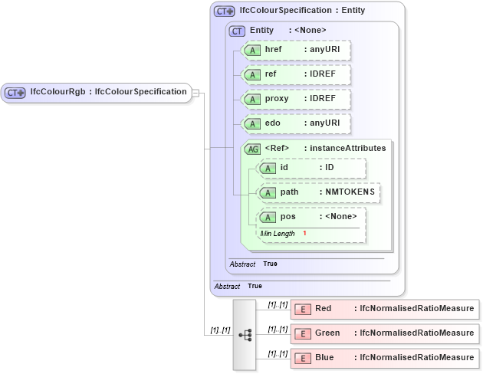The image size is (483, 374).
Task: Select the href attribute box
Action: pyautogui.click(x=295, y=50)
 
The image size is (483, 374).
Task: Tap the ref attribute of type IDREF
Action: pyautogui.click(x=295, y=74)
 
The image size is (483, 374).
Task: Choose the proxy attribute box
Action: pyautogui.click(x=295, y=99)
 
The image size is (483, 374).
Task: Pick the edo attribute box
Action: pyautogui.click(x=295, y=123)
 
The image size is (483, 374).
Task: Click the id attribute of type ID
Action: pyautogui.click(x=311, y=168)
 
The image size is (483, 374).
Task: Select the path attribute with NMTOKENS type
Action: pyautogui.click(x=318, y=192)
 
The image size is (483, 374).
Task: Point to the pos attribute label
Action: pyautogui.click(x=288, y=216)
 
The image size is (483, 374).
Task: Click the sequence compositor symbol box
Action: pyautogui.click(x=245, y=335)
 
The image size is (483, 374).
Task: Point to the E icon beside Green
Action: pyautogui.click(x=302, y=333)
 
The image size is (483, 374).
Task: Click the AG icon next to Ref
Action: pyautogui.click(x=253, y=149)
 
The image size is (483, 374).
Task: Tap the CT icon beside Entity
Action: pyautogui.click(x=238, y=31)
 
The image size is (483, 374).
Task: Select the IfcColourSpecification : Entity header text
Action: pyautogui.click(x=302, y=11)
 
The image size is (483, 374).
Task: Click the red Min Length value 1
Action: pyautogui.click(x=304, y=233)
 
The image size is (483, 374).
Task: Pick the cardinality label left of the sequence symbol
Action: pyautogui.click(x=220, y=331)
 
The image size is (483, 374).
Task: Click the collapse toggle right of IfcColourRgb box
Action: pyautogui.click(x=195, y=93)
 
